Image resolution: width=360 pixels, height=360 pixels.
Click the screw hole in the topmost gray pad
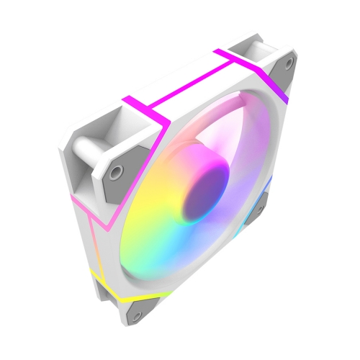click(289, 63)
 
